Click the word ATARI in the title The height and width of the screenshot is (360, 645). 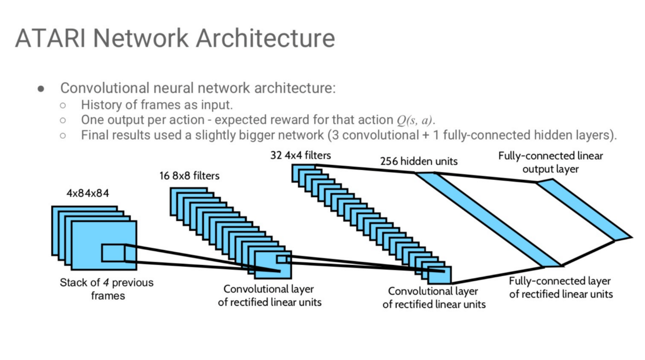(50, 38)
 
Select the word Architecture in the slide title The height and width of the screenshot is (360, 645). (265, 38)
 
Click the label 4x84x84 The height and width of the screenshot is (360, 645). (87, 193)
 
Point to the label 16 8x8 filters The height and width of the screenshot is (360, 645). (189, 176)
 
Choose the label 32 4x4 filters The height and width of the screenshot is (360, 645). (300, 156)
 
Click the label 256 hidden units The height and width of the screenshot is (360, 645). (418, 161)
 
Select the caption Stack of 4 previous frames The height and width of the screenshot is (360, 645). (106, 289)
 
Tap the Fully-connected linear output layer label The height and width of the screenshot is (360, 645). (550, 162)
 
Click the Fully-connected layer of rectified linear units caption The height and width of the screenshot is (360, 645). (560, 287)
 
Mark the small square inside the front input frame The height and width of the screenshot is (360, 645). (113, 253)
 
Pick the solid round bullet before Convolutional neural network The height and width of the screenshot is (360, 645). (41, 88)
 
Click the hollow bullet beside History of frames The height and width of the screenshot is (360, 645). (63, 105)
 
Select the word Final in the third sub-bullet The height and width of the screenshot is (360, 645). (94, 135)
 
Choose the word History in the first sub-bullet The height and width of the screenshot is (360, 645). (101, 105)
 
